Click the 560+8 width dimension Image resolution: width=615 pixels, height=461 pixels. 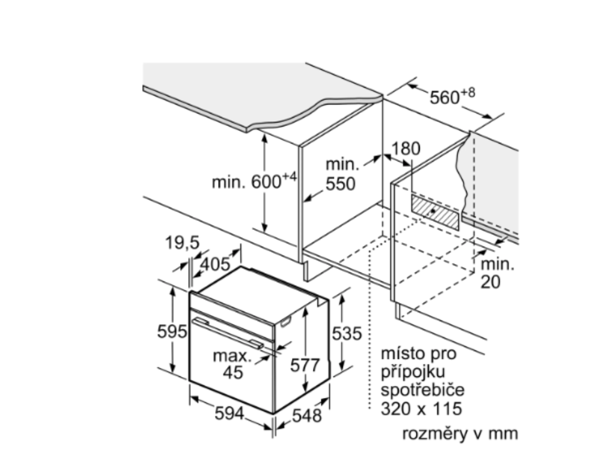(452, 96)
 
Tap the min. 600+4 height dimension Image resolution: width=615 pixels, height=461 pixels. (255, 181)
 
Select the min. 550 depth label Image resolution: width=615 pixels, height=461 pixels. (341, 173)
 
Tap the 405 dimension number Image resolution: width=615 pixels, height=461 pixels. (216, 264)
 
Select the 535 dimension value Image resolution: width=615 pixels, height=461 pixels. (348, 334)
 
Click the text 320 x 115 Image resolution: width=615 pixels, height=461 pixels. (422, 409)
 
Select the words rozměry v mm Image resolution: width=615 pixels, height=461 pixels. (459, 433)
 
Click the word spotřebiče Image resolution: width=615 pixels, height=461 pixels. (423, 390)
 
